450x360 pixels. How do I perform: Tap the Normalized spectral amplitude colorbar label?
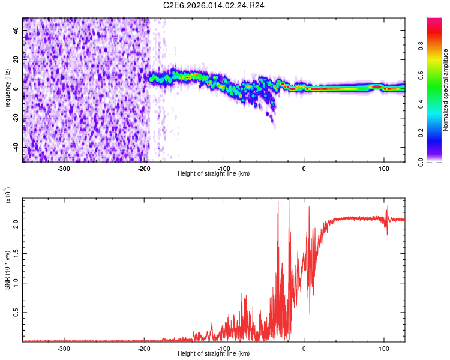(x=445, y=91)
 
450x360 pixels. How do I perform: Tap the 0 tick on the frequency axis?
(x=17, y=89)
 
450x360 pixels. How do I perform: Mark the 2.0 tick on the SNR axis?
(x=17, y=223)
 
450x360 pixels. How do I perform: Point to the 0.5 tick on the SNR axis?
(x=17, y=312)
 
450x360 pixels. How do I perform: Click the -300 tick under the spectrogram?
(x=64, y=168)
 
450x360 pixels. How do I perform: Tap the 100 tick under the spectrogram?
(x=383, y=168)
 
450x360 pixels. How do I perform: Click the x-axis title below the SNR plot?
(x=214, y=354)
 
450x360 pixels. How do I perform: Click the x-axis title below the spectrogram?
(x=214, y=174)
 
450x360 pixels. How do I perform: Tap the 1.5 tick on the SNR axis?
(x=17, y=253)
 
